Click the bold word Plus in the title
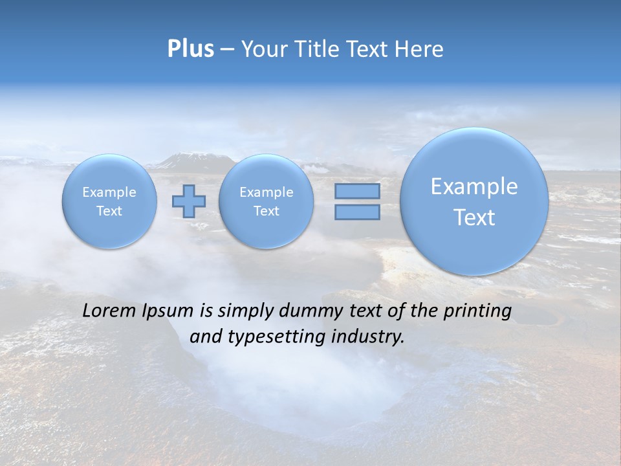click(190, 49)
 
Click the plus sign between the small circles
click(189, 201)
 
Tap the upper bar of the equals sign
click(357, 191)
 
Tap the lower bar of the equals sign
click(357, 212)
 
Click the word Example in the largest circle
click(474, 186)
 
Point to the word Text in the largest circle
click(474, 217)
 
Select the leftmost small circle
click(109, 201)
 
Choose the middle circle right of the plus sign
click(266, 201)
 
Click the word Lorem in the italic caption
click(110, 311)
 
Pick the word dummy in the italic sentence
click(306, 311)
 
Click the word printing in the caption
click(477, 311)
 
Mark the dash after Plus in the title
click(227, 50)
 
